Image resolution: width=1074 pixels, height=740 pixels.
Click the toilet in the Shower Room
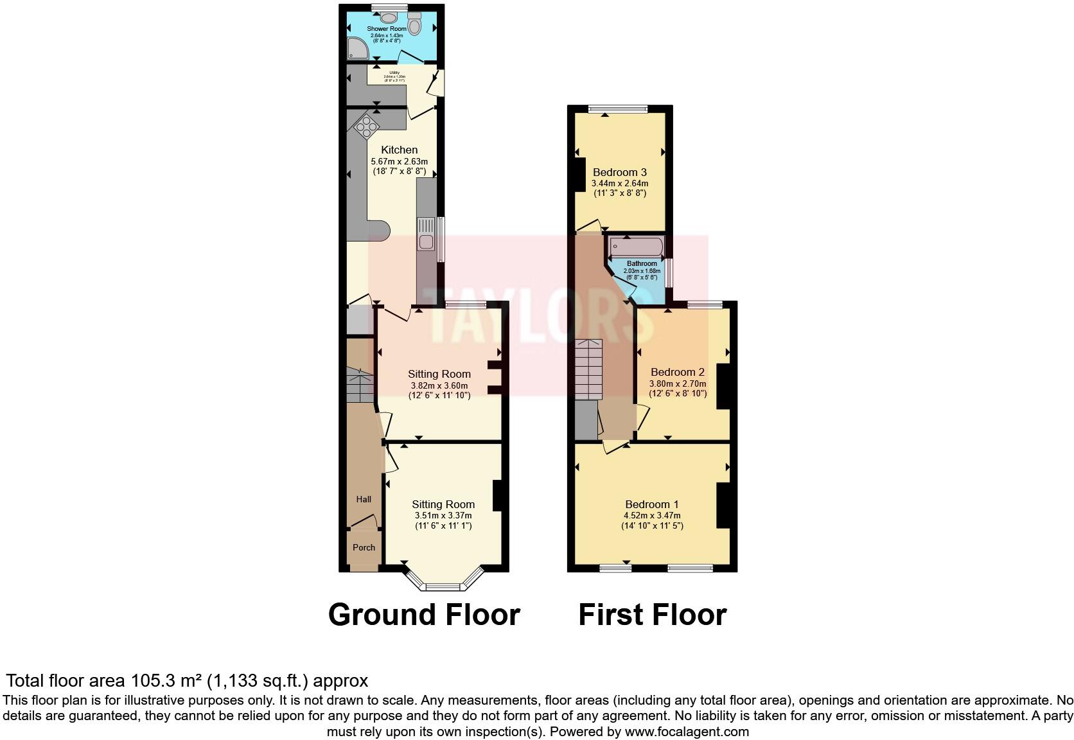[x=414, y=25]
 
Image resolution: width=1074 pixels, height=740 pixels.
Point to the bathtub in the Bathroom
[x=636, y=247]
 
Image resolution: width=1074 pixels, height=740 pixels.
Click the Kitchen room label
[x=399, y=150]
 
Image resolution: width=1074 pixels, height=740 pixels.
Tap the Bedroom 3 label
[x=619, y=172]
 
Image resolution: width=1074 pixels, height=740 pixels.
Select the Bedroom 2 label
[x=677, y=372]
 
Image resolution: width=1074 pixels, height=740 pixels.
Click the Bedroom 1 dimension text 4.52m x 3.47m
[x=651, y=515]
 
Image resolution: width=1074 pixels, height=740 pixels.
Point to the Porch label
[x=364, y=547]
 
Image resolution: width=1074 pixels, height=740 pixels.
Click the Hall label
[x=364, y=499]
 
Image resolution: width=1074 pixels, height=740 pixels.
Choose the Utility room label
[x=394, y=73]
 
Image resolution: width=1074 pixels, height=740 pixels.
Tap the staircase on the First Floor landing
[x=588, y=369]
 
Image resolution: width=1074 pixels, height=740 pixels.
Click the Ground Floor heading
[x=423, y=615]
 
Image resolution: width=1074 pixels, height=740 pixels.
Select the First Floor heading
[x=652, y=615]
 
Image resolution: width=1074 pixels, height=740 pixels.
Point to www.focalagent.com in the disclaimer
[x=687, y=732]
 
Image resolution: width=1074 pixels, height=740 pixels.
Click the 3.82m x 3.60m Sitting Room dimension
[x=439, y=385]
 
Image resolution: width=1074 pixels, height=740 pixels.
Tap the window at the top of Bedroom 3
[x=619, y=109]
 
